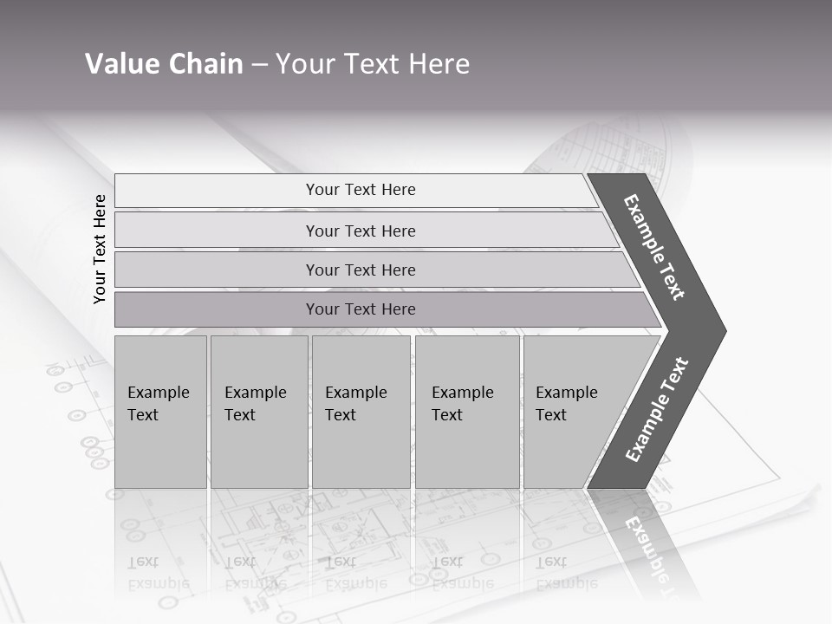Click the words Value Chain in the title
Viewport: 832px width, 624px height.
pos(164,64)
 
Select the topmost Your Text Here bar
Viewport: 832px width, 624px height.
pos(361,190)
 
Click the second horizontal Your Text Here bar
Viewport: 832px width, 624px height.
pos(361,231)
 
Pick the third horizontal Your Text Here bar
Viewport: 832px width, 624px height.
pos(361,270)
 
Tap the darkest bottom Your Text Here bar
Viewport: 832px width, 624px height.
pos(361,309)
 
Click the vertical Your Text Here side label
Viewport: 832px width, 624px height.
pos(100,249)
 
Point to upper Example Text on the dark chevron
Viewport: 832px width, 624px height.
pos(654,247)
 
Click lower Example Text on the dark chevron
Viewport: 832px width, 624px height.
pos(656,410)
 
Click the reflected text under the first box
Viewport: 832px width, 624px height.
pos(159,573)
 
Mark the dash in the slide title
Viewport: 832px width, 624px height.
pos(259,65)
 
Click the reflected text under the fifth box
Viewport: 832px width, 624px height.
pos(567,573)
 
